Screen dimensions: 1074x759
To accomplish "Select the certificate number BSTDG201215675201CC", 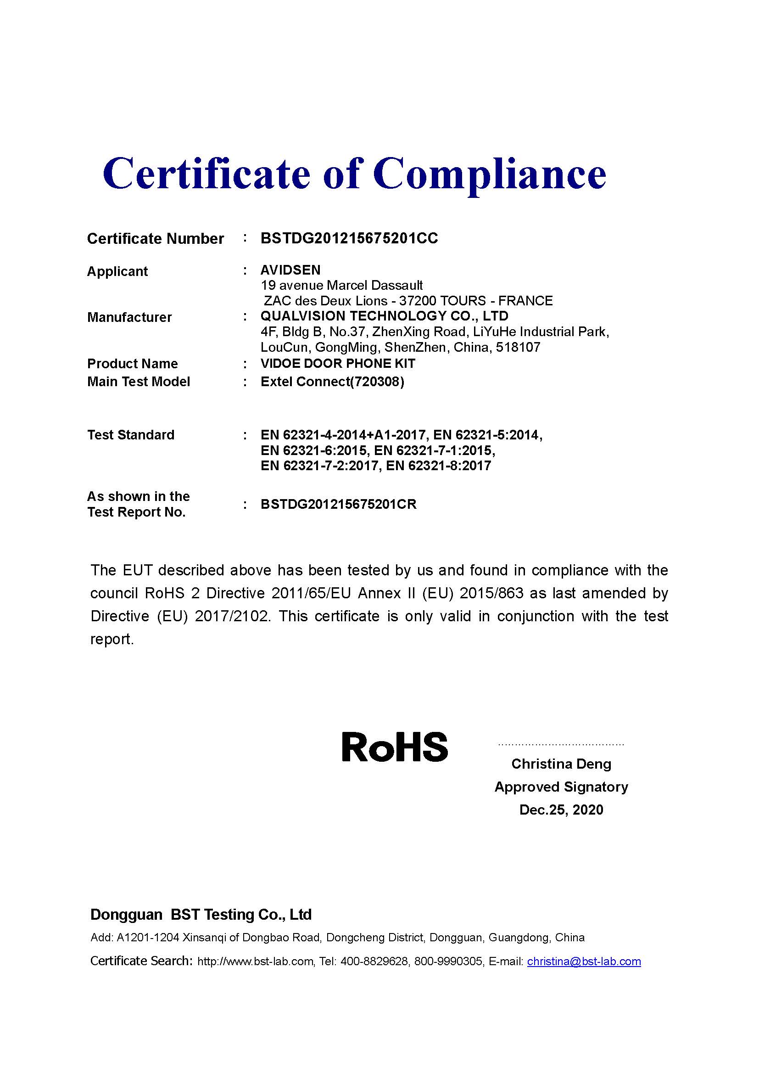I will coord(349,238).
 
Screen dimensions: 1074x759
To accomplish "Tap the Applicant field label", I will coord(117,271).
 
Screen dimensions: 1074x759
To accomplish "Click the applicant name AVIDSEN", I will coord(290,270).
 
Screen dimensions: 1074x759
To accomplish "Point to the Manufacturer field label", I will coord(129,317).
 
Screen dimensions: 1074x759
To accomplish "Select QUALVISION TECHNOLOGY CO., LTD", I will coord(384,316).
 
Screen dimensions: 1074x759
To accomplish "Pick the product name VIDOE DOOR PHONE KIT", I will coord(338,364).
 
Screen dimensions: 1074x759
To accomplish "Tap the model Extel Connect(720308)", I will coord(332,382).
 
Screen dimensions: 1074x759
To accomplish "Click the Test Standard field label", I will coord(131,434).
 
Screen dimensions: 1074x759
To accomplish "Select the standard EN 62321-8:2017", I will coord(450,466).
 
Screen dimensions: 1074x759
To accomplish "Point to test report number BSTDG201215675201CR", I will coord(338,504).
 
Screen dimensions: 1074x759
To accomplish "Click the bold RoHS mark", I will coord(395,747).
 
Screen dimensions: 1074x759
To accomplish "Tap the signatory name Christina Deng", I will coord(561,764).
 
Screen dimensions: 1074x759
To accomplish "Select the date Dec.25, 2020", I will coord(561,810).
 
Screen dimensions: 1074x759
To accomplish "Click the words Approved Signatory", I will coord(561,787).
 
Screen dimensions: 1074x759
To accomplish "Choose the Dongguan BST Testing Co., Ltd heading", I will coord(201,915).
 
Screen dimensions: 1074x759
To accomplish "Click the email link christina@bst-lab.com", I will coord(584,961).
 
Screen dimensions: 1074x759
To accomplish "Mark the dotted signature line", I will coord(561,744).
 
